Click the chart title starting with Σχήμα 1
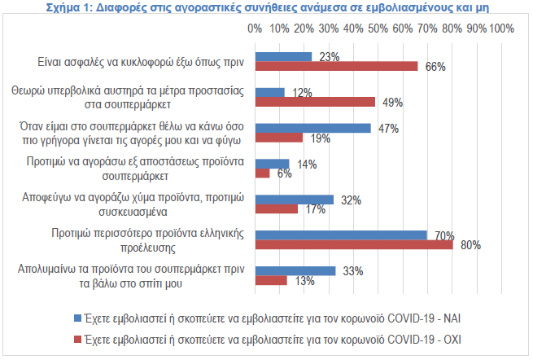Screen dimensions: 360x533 point(266,8)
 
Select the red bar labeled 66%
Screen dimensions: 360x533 point(336,66)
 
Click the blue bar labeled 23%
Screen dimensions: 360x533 point(283,57)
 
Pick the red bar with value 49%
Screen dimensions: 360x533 point(315,102)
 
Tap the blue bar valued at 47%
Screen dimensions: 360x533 point(312,128)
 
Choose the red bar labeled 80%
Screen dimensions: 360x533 point(354,244)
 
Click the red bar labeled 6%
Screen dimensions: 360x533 point(262,173)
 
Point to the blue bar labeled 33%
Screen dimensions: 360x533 point(295,270)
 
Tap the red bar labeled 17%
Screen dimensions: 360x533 point(276,209)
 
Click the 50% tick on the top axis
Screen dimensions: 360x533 point(378,28)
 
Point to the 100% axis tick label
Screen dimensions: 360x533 point(501,28)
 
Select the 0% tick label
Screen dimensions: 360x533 point(255,28)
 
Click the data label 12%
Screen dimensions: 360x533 point(303,92)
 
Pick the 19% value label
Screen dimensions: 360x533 point(320,138)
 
